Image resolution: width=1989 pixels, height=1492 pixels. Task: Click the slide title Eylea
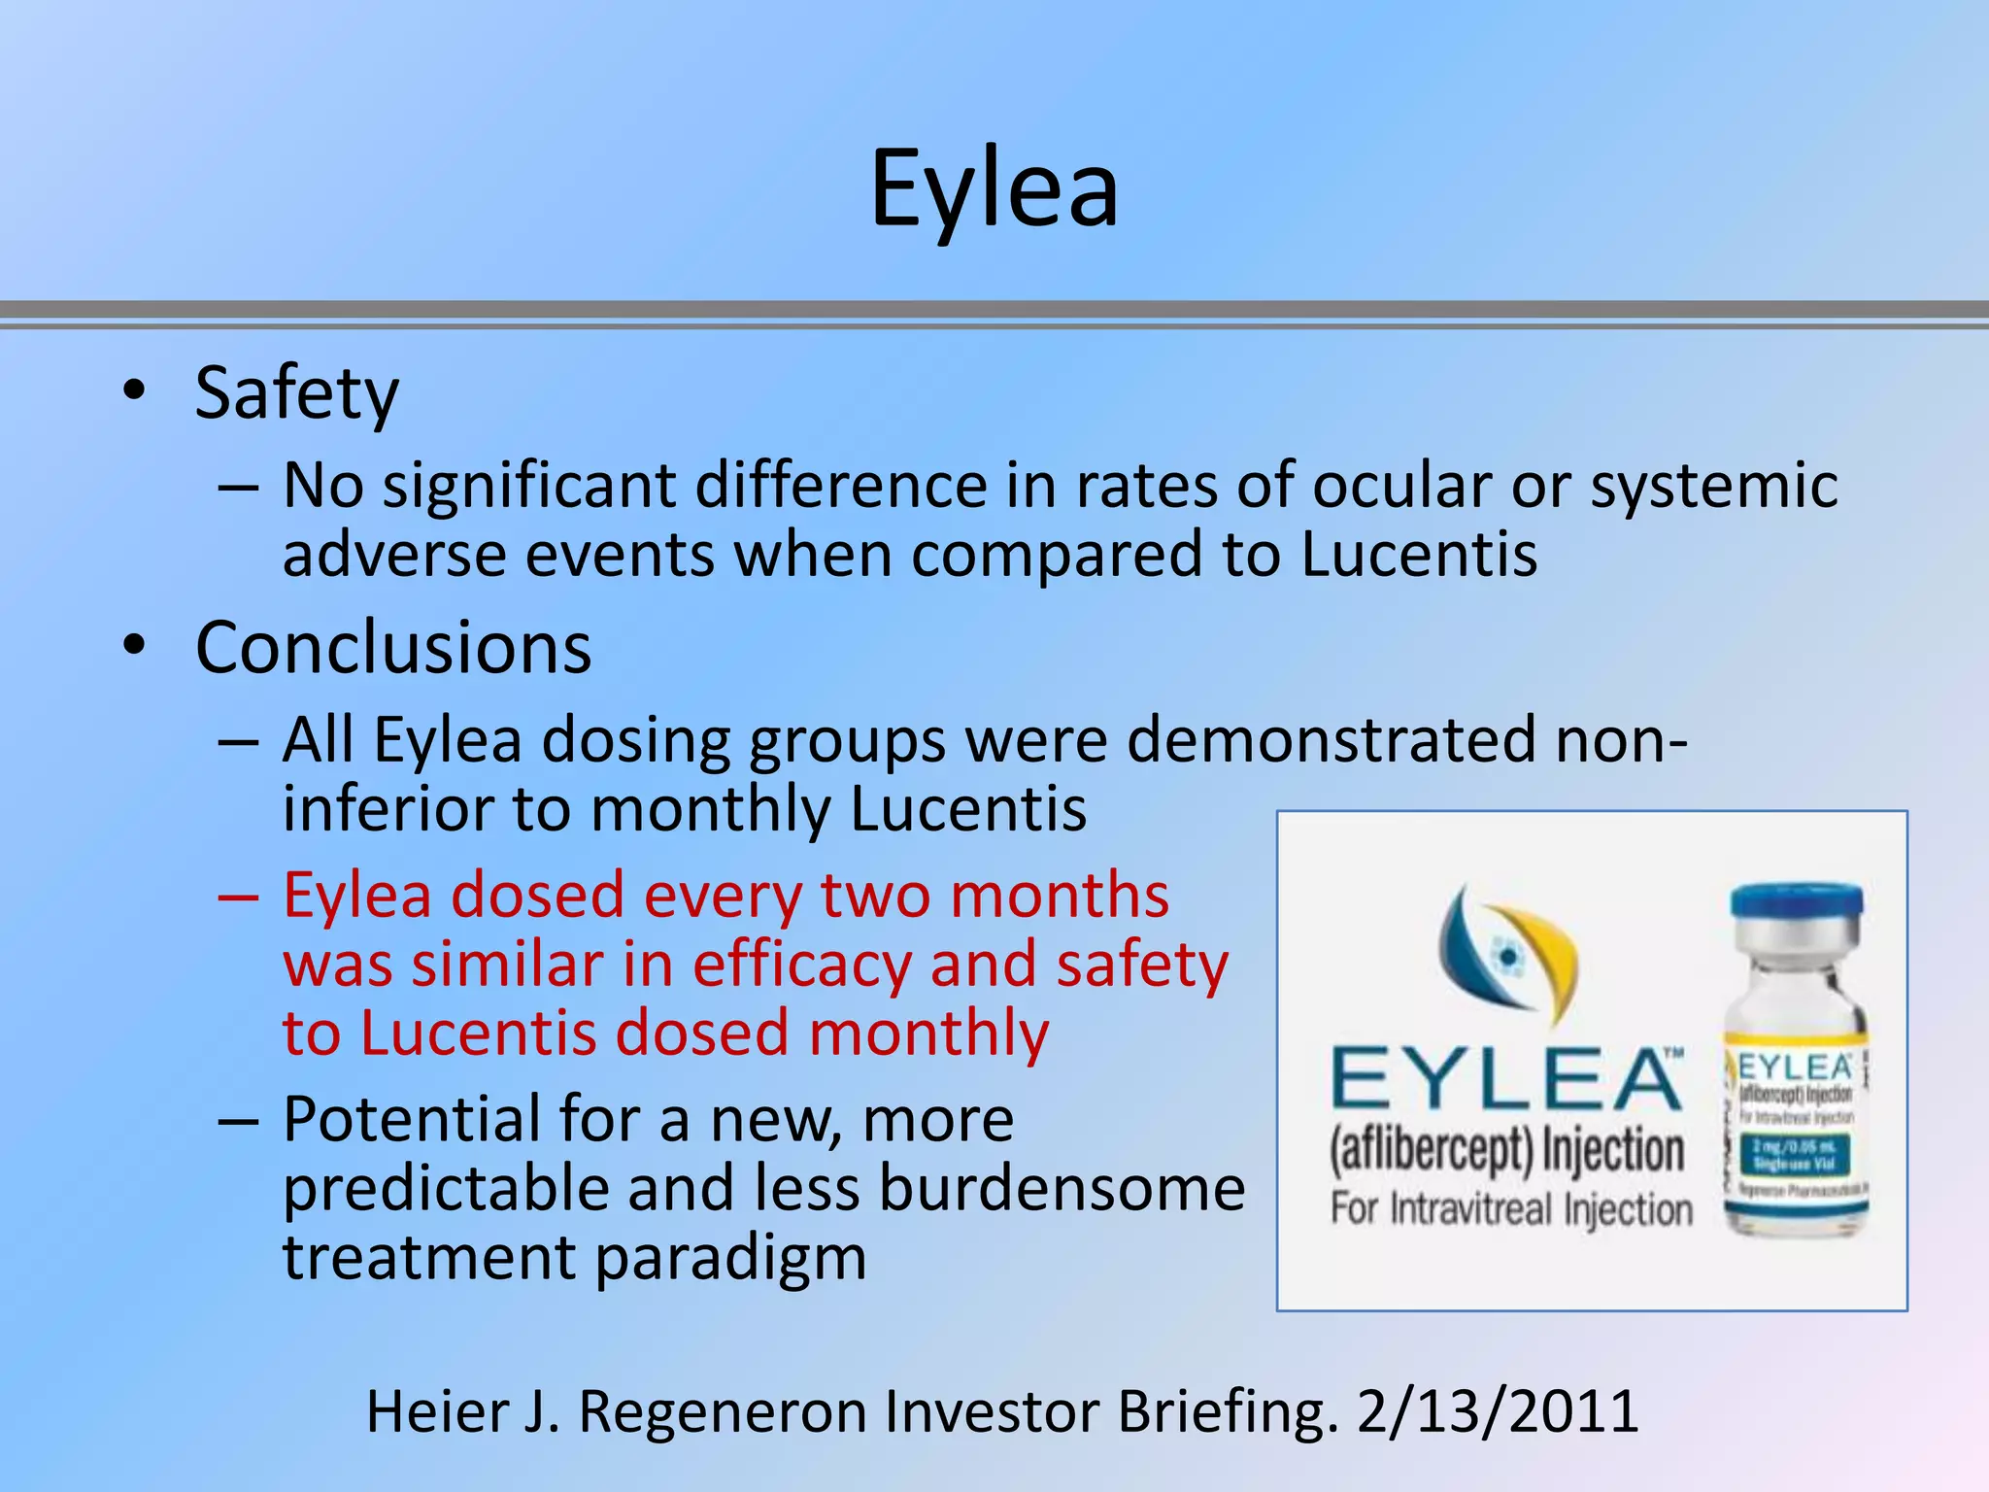click(x=994, y=188)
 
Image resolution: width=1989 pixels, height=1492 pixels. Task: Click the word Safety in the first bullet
click(x=296, y=393)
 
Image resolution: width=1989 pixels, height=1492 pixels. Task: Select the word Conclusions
click(x=392, y=648)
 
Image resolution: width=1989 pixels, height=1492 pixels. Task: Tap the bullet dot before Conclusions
click(x=134, y=644)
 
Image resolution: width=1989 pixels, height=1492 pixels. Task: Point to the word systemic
click(x=1713, y=486)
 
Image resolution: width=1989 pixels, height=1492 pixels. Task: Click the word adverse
click(x=394, y=555)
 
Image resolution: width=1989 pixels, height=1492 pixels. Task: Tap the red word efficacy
click(x=801, y=966)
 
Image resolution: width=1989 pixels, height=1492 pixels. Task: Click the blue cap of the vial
click(x=1796, y=904)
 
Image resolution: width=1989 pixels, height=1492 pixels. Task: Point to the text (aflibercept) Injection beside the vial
click(x=1506, y=1151)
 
